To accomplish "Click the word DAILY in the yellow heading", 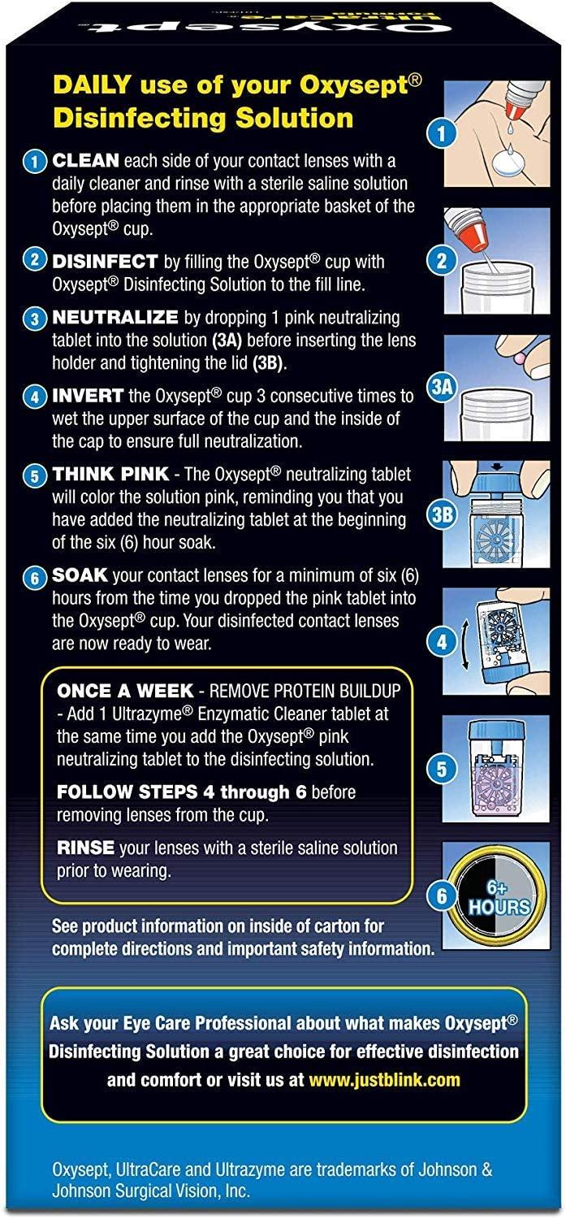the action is pos(92,85).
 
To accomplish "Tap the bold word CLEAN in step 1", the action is pos(85,161).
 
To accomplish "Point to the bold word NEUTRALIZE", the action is pos(114,317).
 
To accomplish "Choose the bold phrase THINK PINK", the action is pos(110,474).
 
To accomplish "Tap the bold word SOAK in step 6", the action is pos(80,575).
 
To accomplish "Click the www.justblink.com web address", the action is pos(384,1079).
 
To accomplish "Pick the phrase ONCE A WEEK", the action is pos(125,691).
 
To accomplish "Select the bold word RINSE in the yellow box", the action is pos(85,848).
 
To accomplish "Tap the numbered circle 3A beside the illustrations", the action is pos(443,387).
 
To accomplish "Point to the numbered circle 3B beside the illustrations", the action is pos(443,514).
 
